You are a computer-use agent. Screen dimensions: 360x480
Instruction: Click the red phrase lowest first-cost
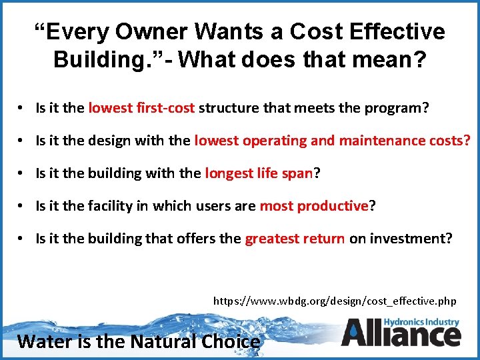[x=141, y=108]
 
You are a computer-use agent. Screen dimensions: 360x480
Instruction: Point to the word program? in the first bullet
[x=397, y=108]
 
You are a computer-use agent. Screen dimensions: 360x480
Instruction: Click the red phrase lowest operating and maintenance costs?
[x=332, y=141]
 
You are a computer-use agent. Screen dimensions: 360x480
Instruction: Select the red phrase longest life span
[x=259, y=173]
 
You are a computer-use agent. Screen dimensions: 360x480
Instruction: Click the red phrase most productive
[x=313, y=206]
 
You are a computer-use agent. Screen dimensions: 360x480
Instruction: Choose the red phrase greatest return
[x=295, y=239]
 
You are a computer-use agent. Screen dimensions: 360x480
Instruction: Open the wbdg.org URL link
[x=335, y=301]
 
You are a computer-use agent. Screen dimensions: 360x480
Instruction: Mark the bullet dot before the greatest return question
[x=23, y=239]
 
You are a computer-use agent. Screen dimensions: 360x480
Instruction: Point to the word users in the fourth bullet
[x=211, y=206]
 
